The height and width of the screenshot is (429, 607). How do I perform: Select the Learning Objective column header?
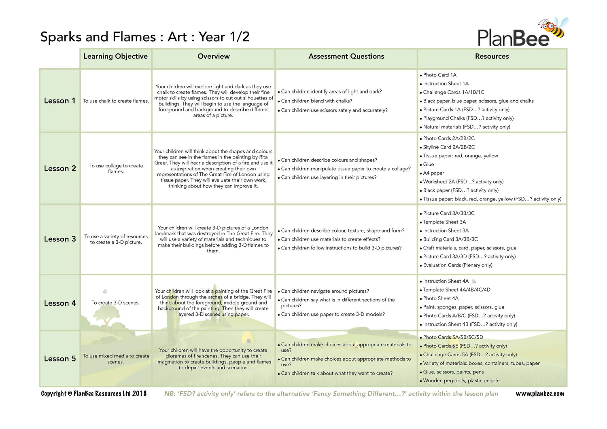pyautogui.click(x=115, y=57)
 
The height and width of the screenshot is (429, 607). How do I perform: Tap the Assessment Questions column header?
pyautogui.click(x=346, y=57)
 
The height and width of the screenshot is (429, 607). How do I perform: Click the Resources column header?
pyautogui.click(x=492, y=57)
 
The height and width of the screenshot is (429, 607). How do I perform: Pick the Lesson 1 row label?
pyautogui.click(x=60, y=101)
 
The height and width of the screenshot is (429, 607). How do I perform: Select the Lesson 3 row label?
pyautogui.click(x=60, y=239)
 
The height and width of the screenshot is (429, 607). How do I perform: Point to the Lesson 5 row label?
pyautogui.click(x=60, y=359)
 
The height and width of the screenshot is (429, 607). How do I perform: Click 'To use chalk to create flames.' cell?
pyautogui.click(x=116, y=101)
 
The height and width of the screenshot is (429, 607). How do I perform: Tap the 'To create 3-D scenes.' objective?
pyautogui.click(x=115, y=303)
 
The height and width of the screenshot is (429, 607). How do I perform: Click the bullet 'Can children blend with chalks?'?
pyautogui.click(x=316, y=101)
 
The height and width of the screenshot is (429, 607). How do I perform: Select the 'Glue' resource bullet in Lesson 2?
pyautogui.click(x=428, y=165)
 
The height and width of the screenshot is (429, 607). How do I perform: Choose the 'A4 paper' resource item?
pyautogui.click(x=433, y=173)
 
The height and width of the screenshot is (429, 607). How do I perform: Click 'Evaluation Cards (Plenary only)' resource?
pyautogui.click(x=457, y=265)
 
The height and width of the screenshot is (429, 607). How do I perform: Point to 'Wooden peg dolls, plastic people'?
pyautogui.click(x=461, y=380)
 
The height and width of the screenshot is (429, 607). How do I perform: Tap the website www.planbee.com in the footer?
pyautogui.click(x=539, y=394)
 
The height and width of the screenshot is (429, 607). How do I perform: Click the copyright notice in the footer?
pyautogui.click(x=94, y=394)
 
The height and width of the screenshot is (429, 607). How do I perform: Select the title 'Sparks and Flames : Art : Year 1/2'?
pyautogui.click(x=145, y=37)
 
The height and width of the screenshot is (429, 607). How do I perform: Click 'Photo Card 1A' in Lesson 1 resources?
pyautogui.click(x=439, y=75)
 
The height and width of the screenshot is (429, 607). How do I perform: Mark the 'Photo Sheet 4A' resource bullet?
pyautogui.click(x=440, y=298)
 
